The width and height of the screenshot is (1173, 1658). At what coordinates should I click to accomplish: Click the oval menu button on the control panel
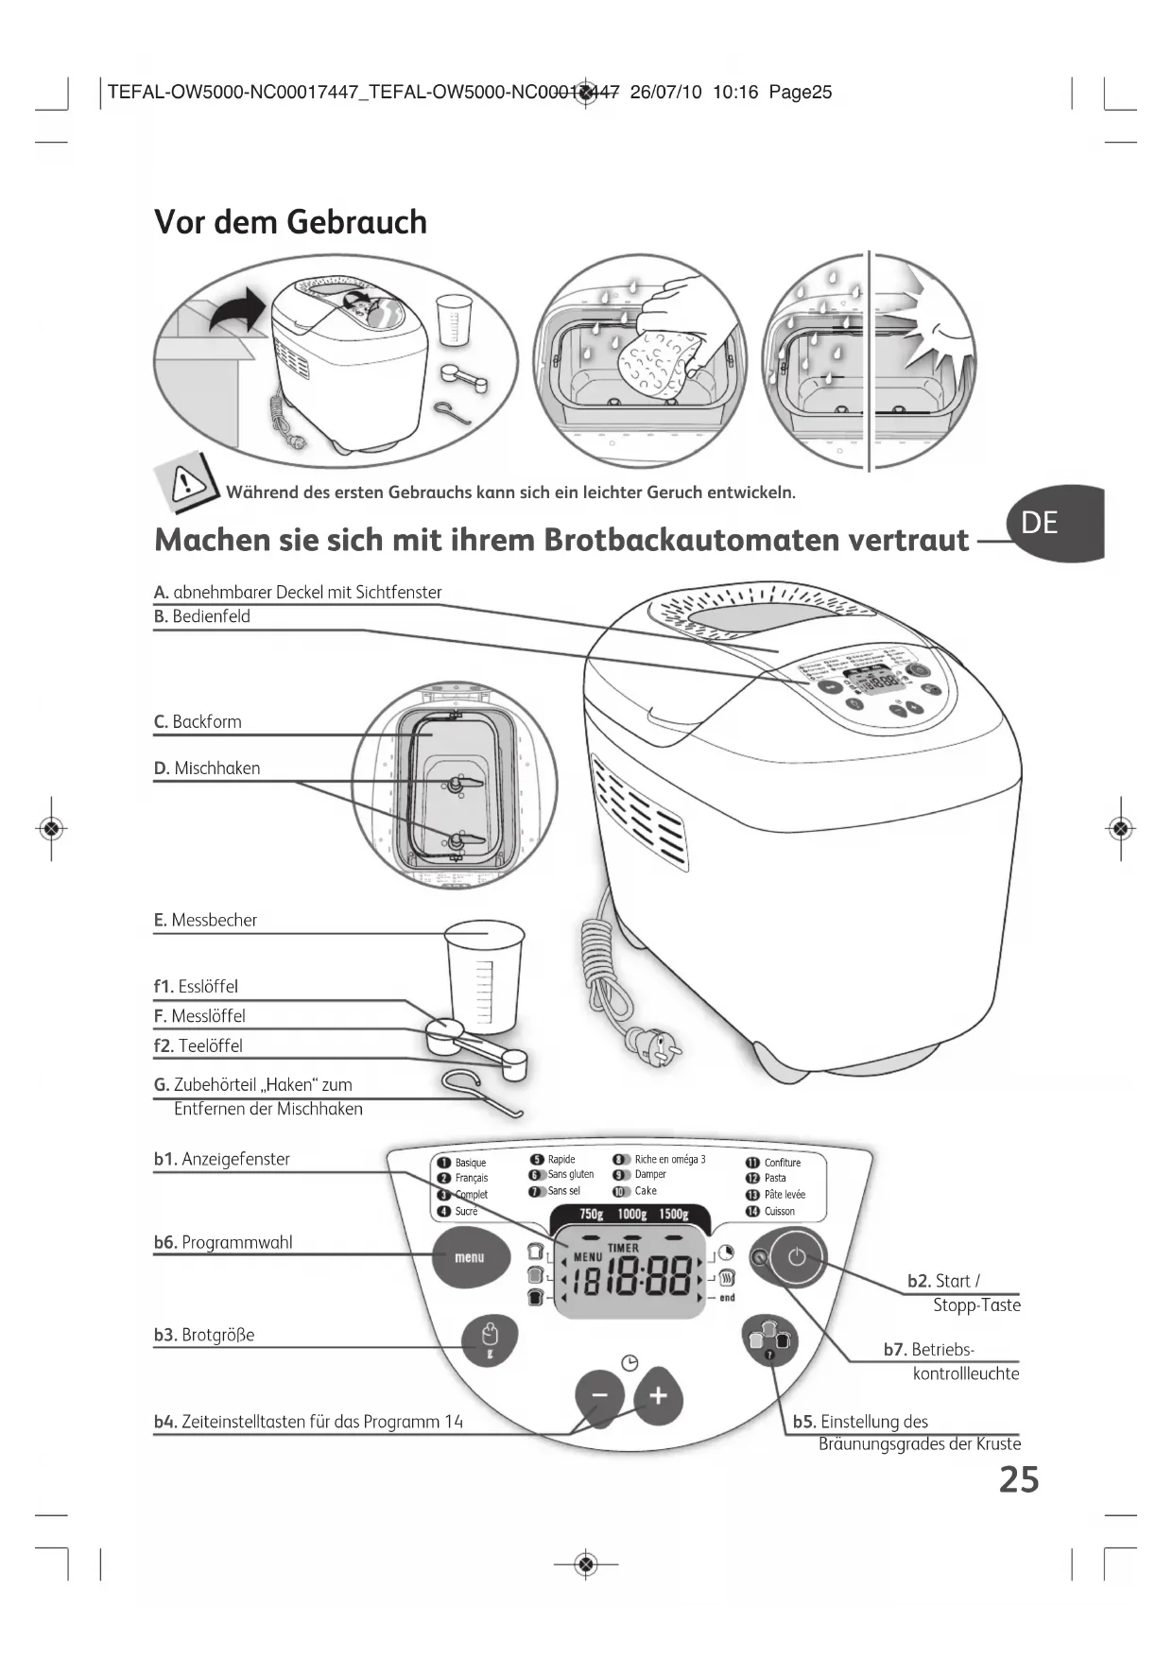470,1257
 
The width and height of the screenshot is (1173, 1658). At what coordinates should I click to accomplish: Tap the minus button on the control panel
599,1395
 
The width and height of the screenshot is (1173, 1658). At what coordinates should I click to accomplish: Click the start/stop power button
797,1257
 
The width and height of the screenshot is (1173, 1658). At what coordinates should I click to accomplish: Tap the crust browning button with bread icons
769,1340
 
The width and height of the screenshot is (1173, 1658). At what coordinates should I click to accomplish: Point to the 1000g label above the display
631,1215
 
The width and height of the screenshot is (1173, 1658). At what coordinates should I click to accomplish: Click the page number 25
1019,1479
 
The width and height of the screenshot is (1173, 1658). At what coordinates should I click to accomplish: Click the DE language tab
1049,523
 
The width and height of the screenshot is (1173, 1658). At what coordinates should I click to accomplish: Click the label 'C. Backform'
198,722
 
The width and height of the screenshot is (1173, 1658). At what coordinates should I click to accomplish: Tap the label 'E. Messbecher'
205,921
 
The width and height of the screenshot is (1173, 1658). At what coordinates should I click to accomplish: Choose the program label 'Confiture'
782,1163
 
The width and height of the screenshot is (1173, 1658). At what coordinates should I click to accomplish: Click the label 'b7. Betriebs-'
928,1350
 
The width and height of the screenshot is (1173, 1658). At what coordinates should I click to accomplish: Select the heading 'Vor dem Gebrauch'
290,222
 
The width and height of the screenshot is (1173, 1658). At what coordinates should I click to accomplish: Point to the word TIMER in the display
623,1248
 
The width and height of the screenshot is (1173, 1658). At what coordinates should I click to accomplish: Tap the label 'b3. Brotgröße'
204,1336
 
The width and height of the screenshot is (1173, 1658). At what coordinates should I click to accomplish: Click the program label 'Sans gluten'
570,1175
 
